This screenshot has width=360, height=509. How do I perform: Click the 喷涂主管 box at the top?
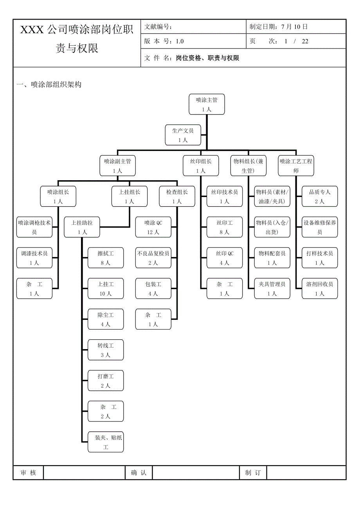[207, 104]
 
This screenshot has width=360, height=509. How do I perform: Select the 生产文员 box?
[183, 135]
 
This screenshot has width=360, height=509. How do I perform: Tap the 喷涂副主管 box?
[117, 166]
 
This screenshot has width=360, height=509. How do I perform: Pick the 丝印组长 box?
[201, 166]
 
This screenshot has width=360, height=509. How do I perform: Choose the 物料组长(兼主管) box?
[248, 166]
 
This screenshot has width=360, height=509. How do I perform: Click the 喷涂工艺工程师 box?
[296, 166]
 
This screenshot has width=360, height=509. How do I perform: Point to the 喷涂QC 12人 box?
[153, 227]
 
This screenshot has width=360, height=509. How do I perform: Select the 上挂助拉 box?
[82, 227]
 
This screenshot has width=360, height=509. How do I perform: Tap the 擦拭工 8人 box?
[106, 258]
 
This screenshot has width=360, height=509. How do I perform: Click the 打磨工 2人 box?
[106, 381]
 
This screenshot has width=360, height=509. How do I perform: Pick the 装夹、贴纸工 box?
[106, 442]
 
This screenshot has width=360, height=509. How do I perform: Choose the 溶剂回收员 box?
[320, 289]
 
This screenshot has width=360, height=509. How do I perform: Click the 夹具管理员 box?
[272, 289]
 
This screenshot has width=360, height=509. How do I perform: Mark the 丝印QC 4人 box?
[225, 258]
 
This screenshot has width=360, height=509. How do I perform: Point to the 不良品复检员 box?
[153, 258]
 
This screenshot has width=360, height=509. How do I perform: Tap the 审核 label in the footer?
[28, 473]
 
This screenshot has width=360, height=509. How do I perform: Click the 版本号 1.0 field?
[164, 41]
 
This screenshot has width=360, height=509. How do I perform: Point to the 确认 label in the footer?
[139, 473]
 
